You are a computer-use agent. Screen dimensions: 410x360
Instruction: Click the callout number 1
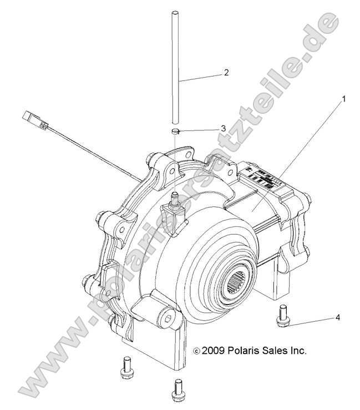[x=343, y=100]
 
